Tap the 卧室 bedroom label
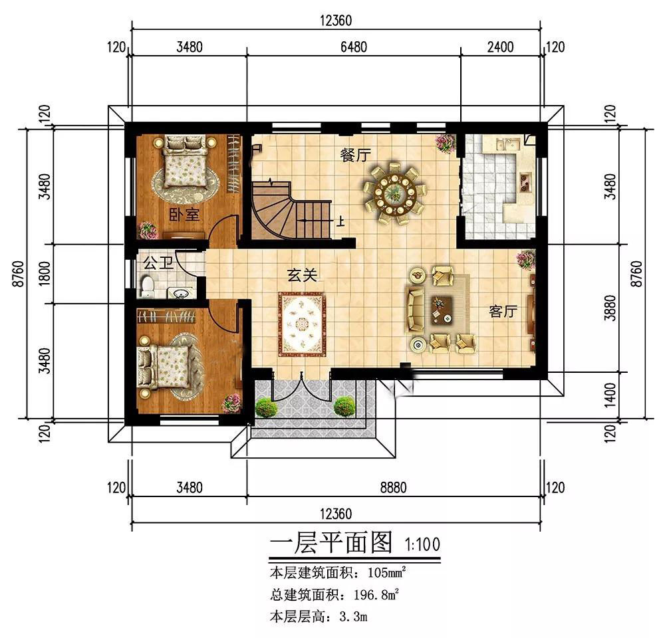[x=184, y=214]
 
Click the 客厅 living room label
[x=503, y=311]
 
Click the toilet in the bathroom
[x=148, y=287]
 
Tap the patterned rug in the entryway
[x=303, y=324]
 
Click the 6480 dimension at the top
[x=352, y=47]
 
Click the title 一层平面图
[x=331, y=544]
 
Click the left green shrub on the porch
[x=266, y=407]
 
